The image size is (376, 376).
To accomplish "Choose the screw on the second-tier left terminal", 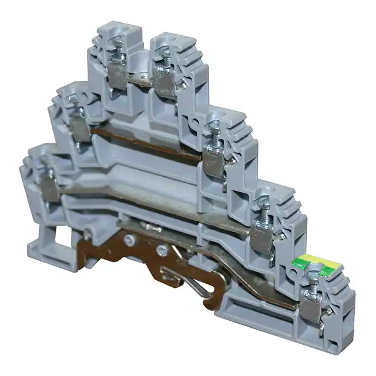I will pos(75,107).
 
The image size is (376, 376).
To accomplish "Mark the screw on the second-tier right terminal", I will pos(214,132).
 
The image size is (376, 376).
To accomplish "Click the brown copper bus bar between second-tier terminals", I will pos(147,141).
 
